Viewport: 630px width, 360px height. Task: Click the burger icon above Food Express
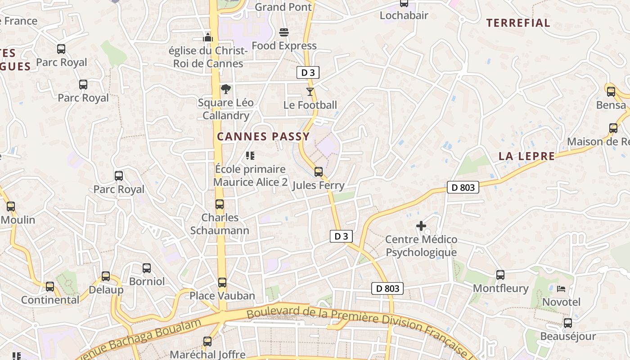coord(284,32)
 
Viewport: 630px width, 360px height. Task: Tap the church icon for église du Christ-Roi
coord(208,37)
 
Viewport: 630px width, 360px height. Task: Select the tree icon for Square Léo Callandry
coord(225,89)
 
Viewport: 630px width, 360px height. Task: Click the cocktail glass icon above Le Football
coord(310,92)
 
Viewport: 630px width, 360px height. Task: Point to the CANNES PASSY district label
coord(263,137)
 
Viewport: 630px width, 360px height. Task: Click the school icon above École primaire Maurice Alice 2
coord(250,156)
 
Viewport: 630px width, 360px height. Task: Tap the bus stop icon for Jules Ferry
coord(319,171)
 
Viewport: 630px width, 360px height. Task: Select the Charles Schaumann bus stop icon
coord(220,204)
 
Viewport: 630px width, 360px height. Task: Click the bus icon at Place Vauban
coord(222,283)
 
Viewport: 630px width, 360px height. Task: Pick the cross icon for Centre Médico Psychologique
coord(421,226)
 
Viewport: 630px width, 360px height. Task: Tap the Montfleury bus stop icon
coord(500,275)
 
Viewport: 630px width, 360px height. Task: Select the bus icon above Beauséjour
coord(568,323)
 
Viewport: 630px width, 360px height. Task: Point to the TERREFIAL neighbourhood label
coord(518,23)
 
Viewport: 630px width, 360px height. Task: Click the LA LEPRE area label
coord(526,156)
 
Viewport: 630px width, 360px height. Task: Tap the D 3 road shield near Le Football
coord(308,72)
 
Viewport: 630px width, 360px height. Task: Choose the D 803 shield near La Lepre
coord(463,187)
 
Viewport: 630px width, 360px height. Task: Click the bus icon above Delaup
coord(106,276)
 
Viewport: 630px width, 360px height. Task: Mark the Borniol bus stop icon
coord(147,268)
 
